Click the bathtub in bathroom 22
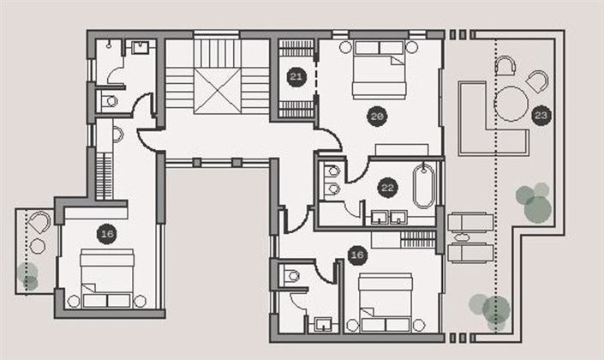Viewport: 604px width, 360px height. point(424,188)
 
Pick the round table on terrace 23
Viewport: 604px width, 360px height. point(511,105)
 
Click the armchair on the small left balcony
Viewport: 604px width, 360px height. point(39,223)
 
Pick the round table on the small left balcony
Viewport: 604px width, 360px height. point(38,246)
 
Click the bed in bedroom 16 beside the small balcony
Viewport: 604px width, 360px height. point(107,277)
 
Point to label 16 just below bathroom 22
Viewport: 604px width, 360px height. point(357,254)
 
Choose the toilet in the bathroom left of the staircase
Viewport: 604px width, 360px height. point(109,101)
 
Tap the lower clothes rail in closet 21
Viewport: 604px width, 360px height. point(296,109)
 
